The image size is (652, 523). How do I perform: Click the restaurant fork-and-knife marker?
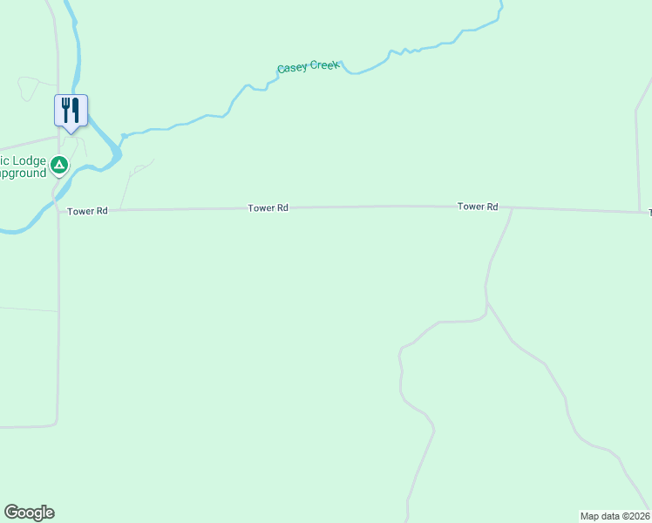click(71, 111)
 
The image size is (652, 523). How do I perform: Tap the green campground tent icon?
click(59, 164)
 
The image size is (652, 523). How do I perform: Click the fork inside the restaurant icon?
click(65, 110)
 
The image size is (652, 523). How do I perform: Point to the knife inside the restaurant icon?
click(76, 110)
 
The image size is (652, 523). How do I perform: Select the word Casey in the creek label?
click(292, 67)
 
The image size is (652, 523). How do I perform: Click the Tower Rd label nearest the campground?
click(87, 211)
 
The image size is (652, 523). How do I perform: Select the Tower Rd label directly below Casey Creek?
click(268, 208)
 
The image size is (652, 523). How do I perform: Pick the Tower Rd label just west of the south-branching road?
click(479, 207)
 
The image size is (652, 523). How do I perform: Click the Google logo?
click(29, 513)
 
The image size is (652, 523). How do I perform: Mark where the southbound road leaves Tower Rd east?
click(512, 209)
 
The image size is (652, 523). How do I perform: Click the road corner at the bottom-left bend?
click(57, 425)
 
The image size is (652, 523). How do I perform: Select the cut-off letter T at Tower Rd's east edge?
click(649, 213)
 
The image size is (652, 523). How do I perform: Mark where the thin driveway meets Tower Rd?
click(119, 210)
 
